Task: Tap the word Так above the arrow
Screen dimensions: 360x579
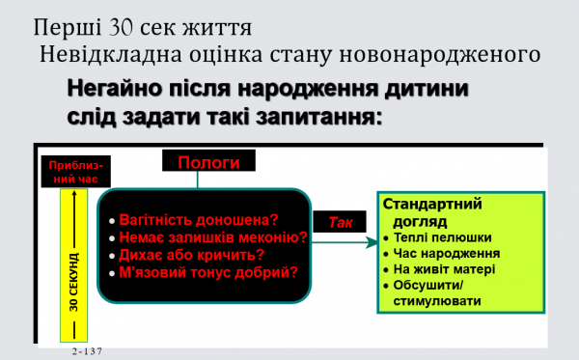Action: click(x=341, y=221)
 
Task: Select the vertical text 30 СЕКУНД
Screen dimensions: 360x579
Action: click(x=74, y=281)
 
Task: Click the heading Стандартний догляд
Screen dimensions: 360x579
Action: click(x=433, y=212)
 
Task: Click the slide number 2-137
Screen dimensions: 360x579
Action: click(x=87, y=353)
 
